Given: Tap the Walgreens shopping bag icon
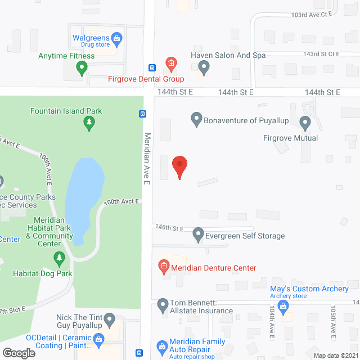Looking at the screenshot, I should (116, 39).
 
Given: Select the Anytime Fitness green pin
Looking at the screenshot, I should (82, 69).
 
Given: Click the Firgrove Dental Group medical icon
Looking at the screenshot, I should (170, 62).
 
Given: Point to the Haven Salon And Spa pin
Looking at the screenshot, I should (204, 68).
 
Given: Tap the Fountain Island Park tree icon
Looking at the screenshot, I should (89, 123).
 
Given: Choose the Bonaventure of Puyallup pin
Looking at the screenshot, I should (196, 119).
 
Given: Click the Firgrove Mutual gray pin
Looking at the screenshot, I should (305, 121).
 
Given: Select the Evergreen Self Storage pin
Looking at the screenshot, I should (198, 234).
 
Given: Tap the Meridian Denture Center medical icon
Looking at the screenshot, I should (164, 265).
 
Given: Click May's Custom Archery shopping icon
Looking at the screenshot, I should (283, 306).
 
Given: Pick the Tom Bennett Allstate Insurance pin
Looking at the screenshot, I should (163, 305).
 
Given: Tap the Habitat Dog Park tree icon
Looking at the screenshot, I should (59, 259).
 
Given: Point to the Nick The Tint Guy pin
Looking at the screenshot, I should (110, 321).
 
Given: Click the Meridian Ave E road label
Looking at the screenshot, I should (147, 159).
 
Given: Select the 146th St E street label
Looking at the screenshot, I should (170, 228).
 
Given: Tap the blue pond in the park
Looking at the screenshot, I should (84, 200).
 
